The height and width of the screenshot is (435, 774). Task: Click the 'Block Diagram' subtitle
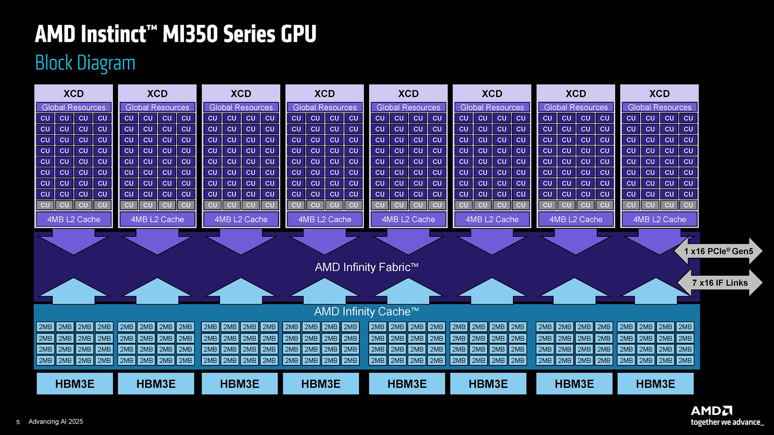pos(85,63)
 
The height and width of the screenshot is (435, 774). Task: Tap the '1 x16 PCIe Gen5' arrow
pos(718,251)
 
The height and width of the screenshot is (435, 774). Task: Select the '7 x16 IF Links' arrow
pos(720,283)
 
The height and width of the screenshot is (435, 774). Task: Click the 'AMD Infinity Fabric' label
pos(366,267)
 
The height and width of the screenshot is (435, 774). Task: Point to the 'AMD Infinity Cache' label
pos(366,312)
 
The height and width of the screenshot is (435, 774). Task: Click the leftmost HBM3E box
pos(74,384)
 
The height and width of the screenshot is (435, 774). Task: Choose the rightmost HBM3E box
pos(655,384)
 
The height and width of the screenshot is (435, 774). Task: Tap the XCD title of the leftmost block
pos(73,94)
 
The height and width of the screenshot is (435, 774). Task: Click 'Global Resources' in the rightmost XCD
pos(659,107)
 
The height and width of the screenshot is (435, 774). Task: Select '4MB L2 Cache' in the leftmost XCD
pos(74,219)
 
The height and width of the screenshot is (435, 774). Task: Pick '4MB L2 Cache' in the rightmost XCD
pos(659,219)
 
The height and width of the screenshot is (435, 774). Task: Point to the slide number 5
pos(18,422)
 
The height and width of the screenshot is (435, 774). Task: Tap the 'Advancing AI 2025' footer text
pos(56,422)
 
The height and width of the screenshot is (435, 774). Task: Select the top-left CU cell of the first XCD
pos(45,118)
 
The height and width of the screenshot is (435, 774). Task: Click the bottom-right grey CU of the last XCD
pos(688,205)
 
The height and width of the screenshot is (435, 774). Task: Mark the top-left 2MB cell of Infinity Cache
pos(45,327)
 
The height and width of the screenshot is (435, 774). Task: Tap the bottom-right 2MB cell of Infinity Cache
pos(685,361)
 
